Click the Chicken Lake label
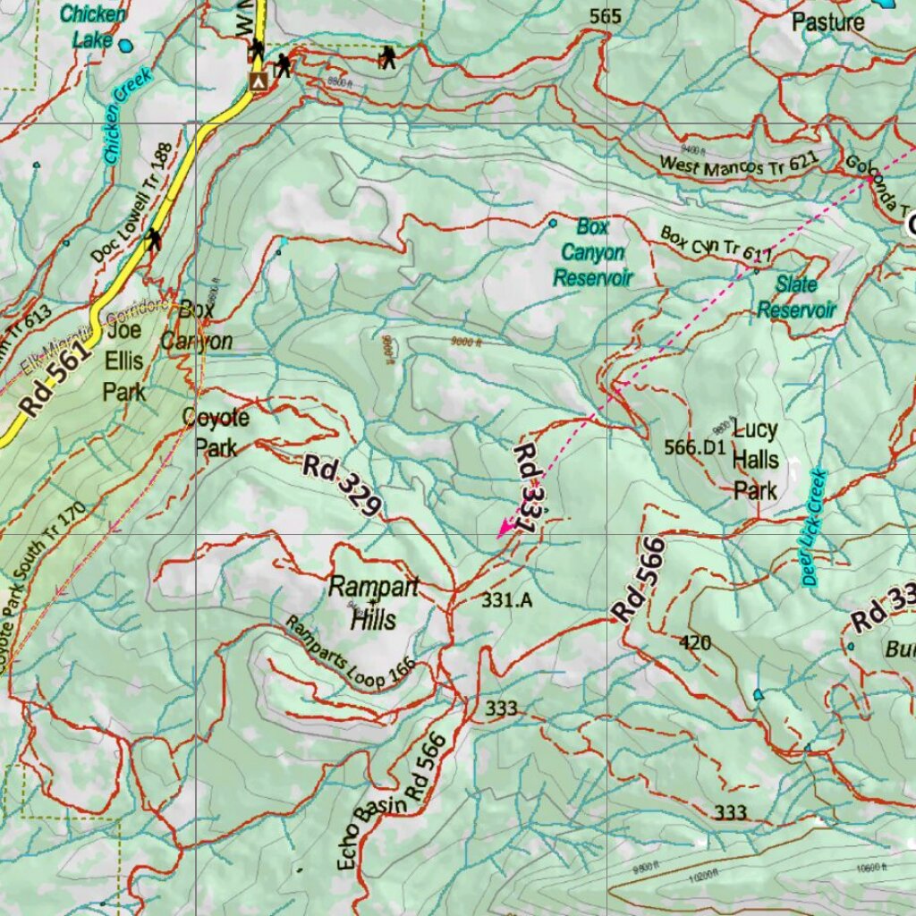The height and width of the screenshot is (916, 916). [x=92, y=27]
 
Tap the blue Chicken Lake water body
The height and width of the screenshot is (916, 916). [x=126, y=45]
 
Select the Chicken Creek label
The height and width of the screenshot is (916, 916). [x=127, y=115]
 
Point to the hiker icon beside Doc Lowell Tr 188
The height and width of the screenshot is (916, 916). [x=154, y=239]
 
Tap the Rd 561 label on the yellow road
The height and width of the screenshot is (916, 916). [x=55, y=380]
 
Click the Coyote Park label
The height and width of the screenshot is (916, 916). [x=216, y=431]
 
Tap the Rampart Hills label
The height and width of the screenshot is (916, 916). [x=373, y=602]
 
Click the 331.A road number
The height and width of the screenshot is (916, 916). [x=507, y=600]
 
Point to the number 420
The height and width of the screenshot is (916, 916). [x=695, y=642]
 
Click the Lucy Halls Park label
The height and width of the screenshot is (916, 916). [x=755, y=460]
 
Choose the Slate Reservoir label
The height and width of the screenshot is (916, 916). [x=796, y=297]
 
